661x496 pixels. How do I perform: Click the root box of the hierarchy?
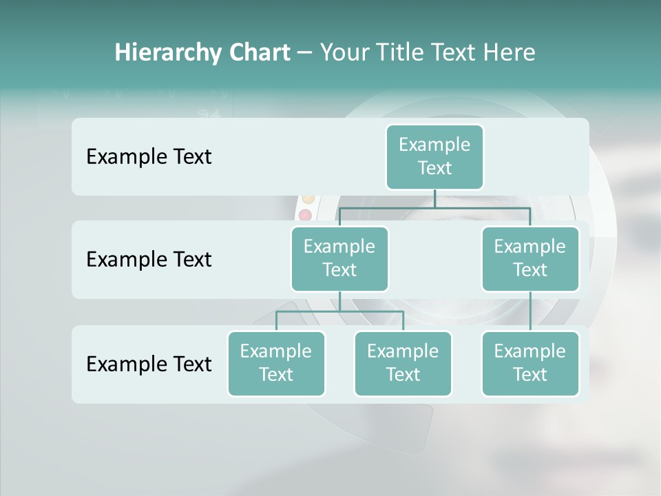434,156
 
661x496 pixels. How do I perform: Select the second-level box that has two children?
339,258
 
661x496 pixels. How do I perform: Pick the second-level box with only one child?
530,258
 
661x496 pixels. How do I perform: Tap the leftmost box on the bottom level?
276,363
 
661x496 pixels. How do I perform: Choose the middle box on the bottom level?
403,363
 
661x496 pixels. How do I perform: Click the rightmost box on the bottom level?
530,363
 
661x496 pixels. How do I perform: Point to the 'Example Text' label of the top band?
149,157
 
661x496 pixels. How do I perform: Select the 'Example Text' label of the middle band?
149,260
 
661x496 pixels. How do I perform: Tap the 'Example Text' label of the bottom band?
149,364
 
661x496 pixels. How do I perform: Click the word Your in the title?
344,52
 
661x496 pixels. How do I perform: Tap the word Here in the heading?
510,52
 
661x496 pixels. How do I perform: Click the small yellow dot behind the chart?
308,199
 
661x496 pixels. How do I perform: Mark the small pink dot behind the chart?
305,216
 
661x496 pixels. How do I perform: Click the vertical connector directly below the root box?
434,198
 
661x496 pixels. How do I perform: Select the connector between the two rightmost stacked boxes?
530,311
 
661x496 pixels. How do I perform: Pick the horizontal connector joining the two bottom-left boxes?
339,311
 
